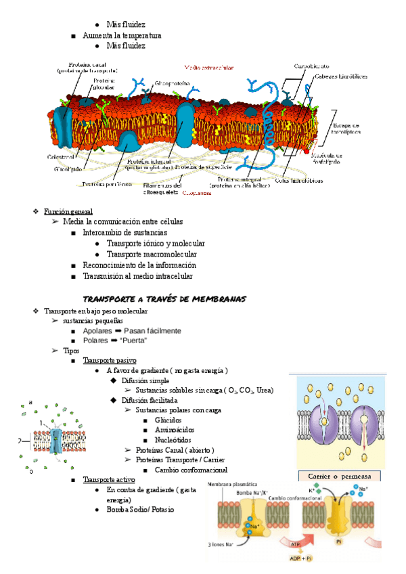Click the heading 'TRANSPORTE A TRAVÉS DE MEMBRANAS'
(x=164, y=299)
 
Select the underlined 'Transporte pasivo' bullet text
(x=110, y=361)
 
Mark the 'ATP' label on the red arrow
(x=296, y=544)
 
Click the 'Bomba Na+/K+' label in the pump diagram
(x=252, y=492)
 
